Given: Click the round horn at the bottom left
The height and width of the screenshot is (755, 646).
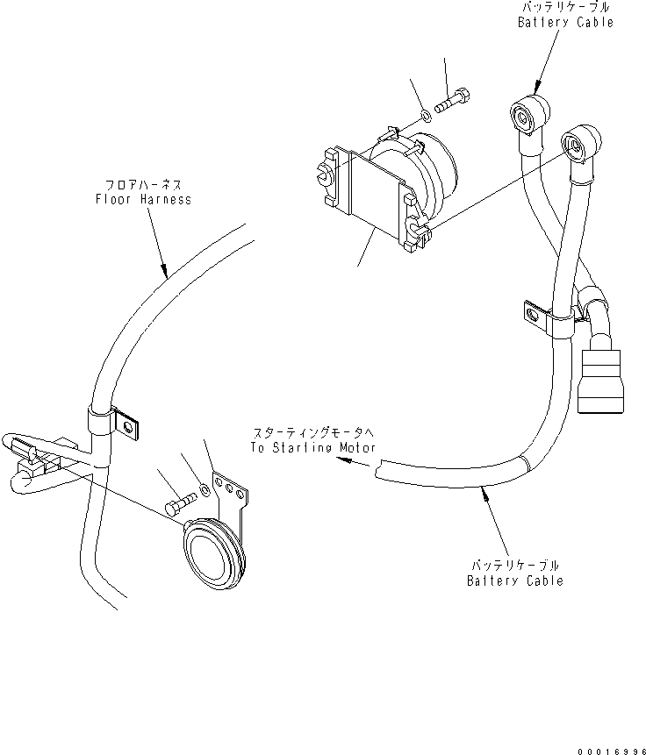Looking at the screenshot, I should [210, 555].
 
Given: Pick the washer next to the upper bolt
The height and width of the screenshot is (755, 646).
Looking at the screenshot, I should [427, 112].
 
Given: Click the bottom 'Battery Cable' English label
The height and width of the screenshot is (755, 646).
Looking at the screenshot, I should [513, 580].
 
